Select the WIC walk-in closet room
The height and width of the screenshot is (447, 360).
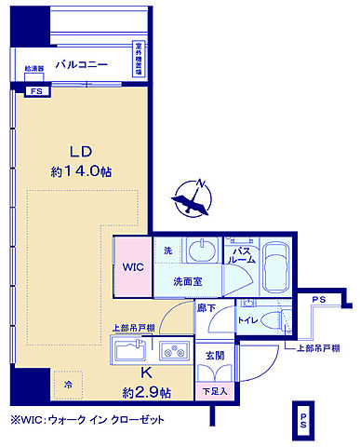pyautogui.click(x=129, y=266)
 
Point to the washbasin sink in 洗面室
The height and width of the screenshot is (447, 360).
pyautogui.click(x=198, y=252)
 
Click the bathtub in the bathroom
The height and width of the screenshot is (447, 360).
pyautogui.click(x=277, y=267)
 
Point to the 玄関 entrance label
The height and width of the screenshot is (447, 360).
pyautogui.click(x=215, y=355)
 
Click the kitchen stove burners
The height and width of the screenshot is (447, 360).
pyautogui.click(x=173, y=351)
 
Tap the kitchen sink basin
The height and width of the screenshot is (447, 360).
pyautogui.click(x=128, y=351)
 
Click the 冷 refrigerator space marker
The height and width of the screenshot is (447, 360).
pyautogui.click(x=68, y=381)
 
